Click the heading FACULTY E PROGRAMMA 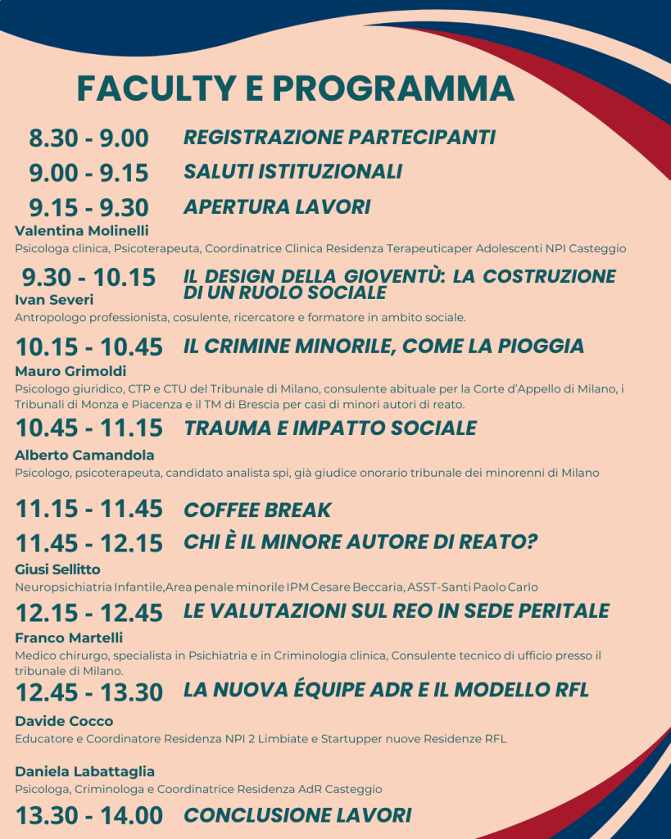[296, 88]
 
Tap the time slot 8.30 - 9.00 [88, 138]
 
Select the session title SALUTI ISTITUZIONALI [292, 172]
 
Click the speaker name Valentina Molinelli [81, 230]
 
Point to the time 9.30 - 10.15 [88, 277]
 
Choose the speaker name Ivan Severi [54, 299]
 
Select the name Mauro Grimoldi [70, 371]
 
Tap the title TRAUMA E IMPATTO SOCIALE [330, 428]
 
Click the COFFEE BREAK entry [257, 510]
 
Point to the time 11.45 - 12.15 [88, 543]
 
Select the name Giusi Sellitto [58, 569]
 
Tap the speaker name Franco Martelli [69, 637]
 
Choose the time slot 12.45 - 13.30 [88, 692]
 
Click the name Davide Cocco [64, 721]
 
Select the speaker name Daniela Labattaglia [84, 772]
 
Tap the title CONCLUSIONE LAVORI [297, 815]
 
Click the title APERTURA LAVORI [277, 207]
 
